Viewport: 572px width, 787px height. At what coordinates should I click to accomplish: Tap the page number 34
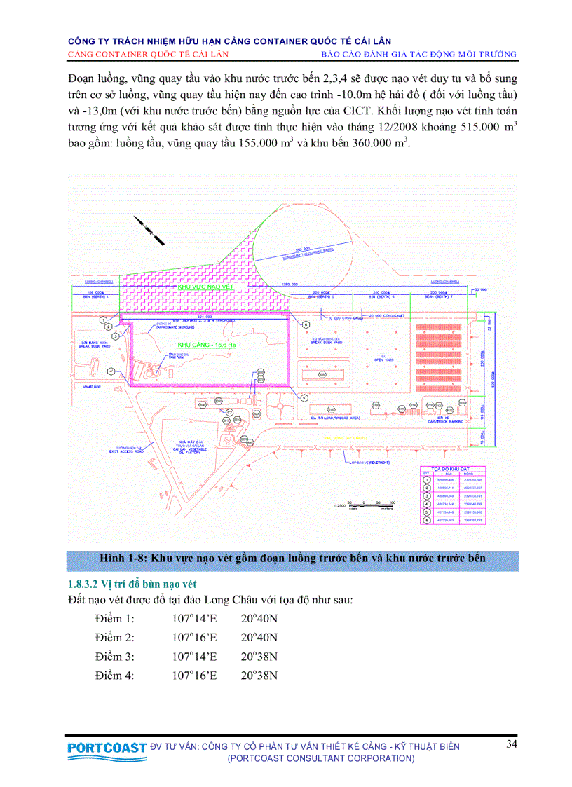[x=512, y=744]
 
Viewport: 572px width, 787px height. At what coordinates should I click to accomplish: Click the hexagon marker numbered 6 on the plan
[x=305, y=324]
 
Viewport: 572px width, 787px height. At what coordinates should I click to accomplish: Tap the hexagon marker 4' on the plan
[x=111, y=371]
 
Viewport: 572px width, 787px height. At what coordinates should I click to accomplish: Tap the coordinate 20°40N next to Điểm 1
[x=259, y=619]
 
